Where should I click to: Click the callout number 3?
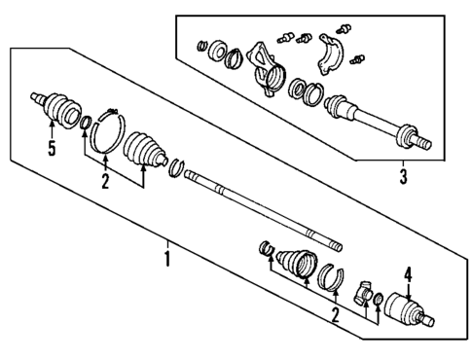(x=403, y=177)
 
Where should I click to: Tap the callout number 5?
(x=51, y=148)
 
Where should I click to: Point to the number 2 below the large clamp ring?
(x=104, y=180)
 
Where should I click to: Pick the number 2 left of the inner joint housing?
(x=334, y=316)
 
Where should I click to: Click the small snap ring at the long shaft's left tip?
(x=176, y=171)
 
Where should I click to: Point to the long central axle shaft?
(x=258, y=212)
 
